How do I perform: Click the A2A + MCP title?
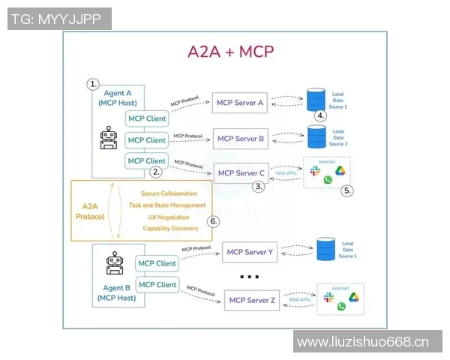coord(230,52)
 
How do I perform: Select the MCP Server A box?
coord(240,103)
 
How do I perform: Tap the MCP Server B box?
coord(240,138)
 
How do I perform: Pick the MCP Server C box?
coord(240,173)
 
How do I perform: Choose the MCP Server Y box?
coord(250,252)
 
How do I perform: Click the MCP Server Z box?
coord(253,301)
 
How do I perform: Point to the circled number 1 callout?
coord(93,83)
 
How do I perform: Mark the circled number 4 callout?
coord(320,115)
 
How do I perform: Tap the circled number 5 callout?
coord(346,190)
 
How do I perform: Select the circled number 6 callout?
coord(213,221)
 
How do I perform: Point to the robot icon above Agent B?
coord(115,264)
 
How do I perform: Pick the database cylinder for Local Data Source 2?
coord(316,137)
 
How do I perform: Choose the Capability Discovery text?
coord(170,228)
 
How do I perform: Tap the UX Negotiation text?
coord(169,217)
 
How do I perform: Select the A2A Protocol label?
coord(88,211)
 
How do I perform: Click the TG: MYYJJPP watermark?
coord(59,19)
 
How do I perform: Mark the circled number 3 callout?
coord(259,187)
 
